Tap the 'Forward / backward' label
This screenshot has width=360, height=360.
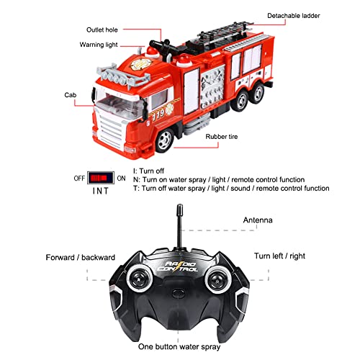(79, 257)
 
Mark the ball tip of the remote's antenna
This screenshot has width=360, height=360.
(177, 211)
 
